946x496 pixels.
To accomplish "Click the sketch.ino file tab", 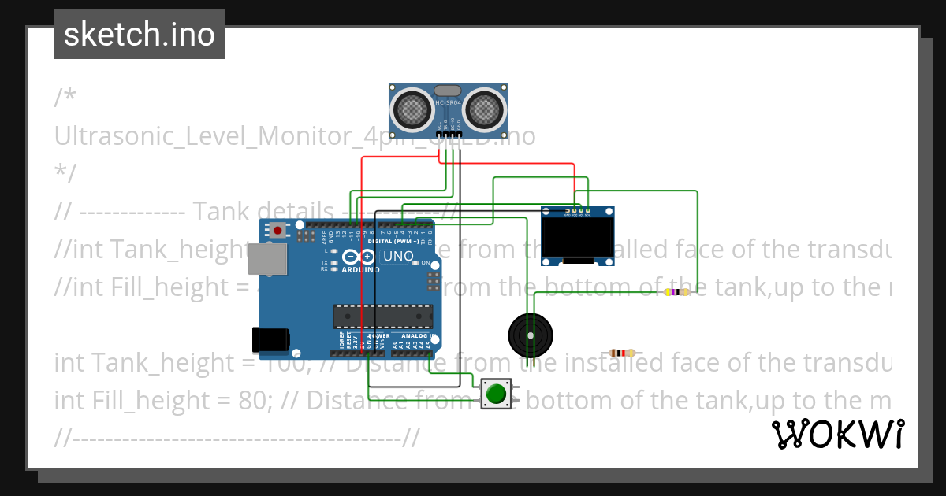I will click(x=140, y=35).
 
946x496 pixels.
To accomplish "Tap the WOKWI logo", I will click(x=837, y=434).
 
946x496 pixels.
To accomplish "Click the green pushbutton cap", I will click(x=496, y=393).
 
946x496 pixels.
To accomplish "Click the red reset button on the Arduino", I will click(x=277, y=231).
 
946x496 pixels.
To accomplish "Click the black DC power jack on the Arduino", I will click(x=269, y=339).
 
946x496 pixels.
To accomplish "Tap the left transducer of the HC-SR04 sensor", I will click(x=412, y=109).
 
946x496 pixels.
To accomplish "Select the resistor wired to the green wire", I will click(x=676, y=292).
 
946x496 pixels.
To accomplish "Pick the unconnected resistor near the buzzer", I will click(x=622, y=353).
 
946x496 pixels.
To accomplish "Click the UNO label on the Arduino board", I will click(x=397, y=257).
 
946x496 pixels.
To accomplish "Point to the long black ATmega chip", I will click(x=382, y=315).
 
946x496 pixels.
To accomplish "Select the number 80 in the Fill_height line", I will click(x=254, y=401).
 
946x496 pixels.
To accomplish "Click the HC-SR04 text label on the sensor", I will click(x=447, y=103).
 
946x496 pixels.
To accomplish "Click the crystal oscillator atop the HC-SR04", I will click(x=447, y=91).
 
